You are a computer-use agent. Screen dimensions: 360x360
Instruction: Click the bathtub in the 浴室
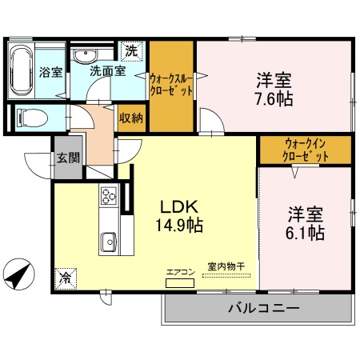[22, 70]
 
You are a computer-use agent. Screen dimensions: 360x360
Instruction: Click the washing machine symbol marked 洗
[130, 51]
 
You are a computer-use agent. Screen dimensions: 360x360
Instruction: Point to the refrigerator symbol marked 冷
[63, 279]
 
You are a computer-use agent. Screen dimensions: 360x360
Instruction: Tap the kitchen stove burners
[109, 195]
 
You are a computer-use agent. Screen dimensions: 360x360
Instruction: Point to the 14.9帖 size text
[178, 225]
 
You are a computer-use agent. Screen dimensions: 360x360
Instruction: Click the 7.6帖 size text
[274, 99]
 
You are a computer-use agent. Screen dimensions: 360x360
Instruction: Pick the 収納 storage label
[131, 118]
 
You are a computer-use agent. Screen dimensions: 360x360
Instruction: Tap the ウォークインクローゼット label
[306, 150]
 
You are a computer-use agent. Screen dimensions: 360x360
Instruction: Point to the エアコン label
[180, 272]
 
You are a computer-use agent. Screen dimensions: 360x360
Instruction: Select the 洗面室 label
[106, 71]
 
